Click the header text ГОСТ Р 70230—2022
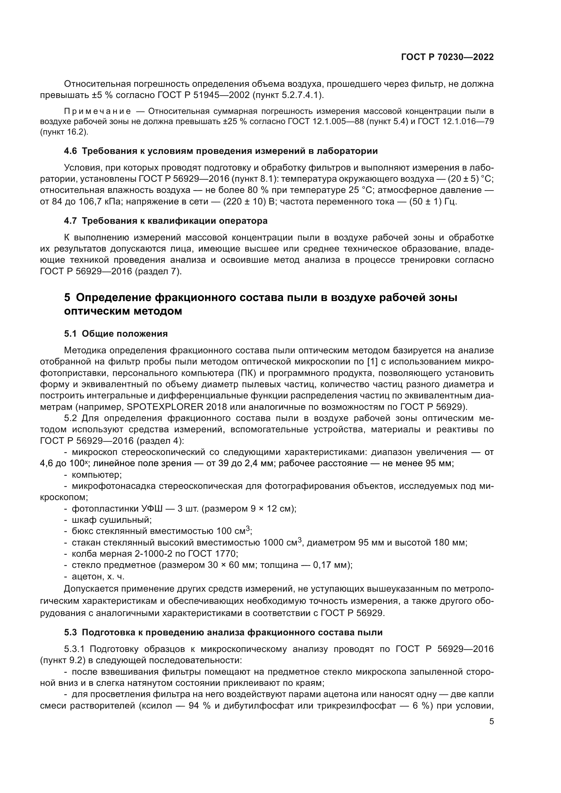click(447, 57)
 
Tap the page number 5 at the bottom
click(491, 721)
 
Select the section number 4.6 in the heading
click(70, 151)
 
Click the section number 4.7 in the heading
click(70, 221)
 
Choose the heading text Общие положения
click(125, 334)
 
